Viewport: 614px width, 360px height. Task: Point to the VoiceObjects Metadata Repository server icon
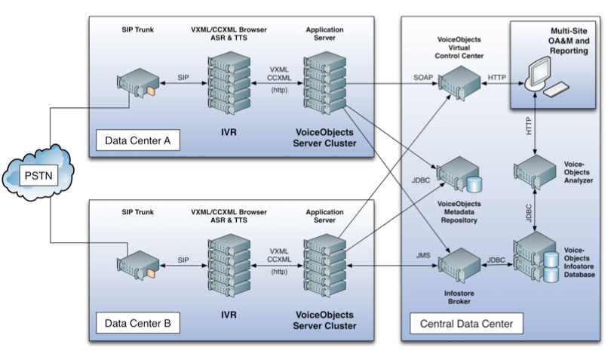tap(461, 175)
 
